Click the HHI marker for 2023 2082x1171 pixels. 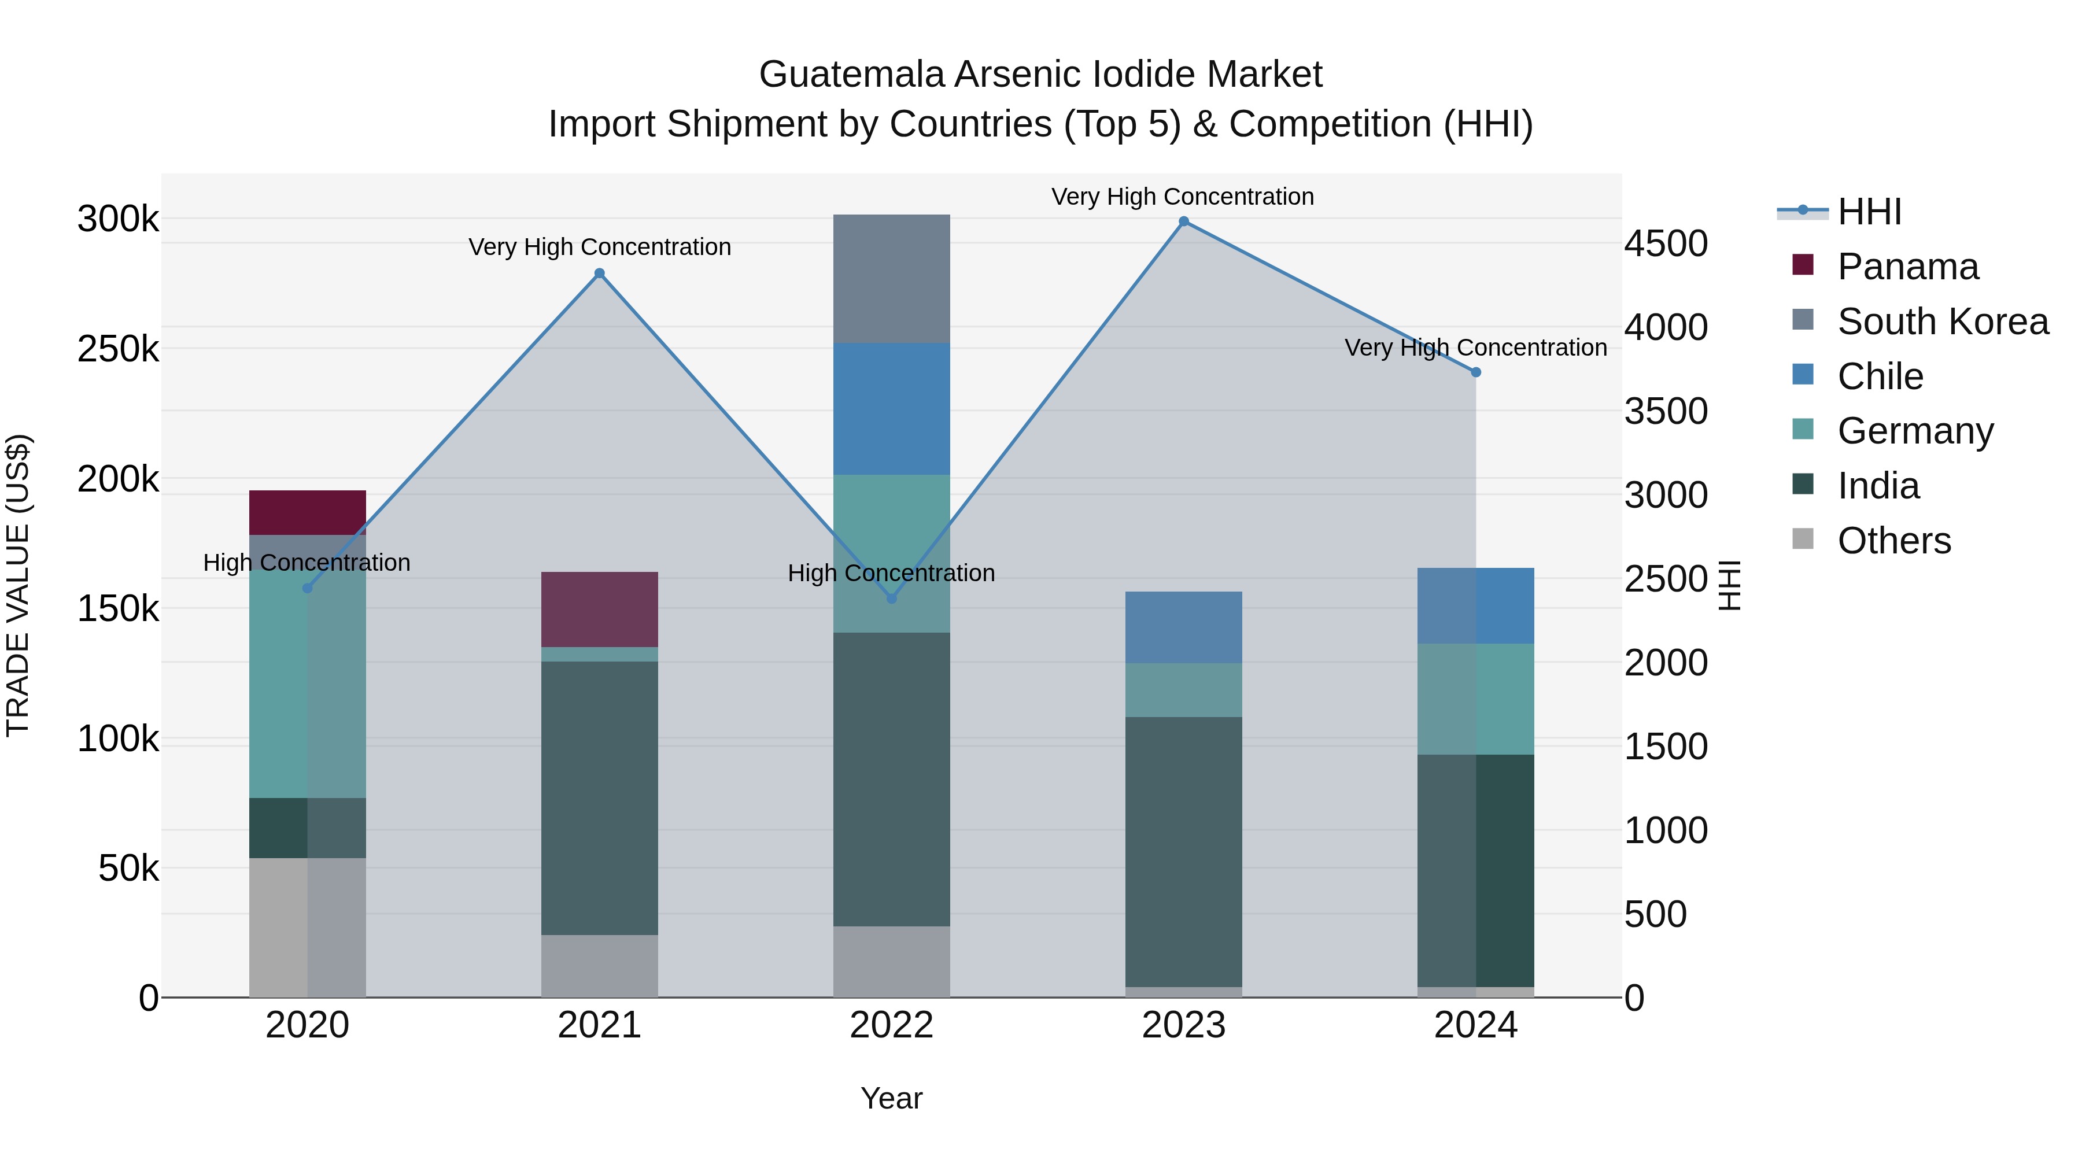[1183, 221]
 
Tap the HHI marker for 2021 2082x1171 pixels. [599, 273]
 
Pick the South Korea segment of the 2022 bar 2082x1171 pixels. [891, 278]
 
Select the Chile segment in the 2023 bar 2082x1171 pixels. [1183, 627]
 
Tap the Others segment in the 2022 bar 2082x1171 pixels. [891, 961]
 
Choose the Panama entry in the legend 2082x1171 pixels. [1907, 267]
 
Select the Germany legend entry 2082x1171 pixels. [1915, 431]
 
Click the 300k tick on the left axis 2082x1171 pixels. [118, 219]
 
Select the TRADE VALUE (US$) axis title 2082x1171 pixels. [18, 585]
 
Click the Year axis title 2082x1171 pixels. [891, 1098]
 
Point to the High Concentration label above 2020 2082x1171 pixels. [307, 563]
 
